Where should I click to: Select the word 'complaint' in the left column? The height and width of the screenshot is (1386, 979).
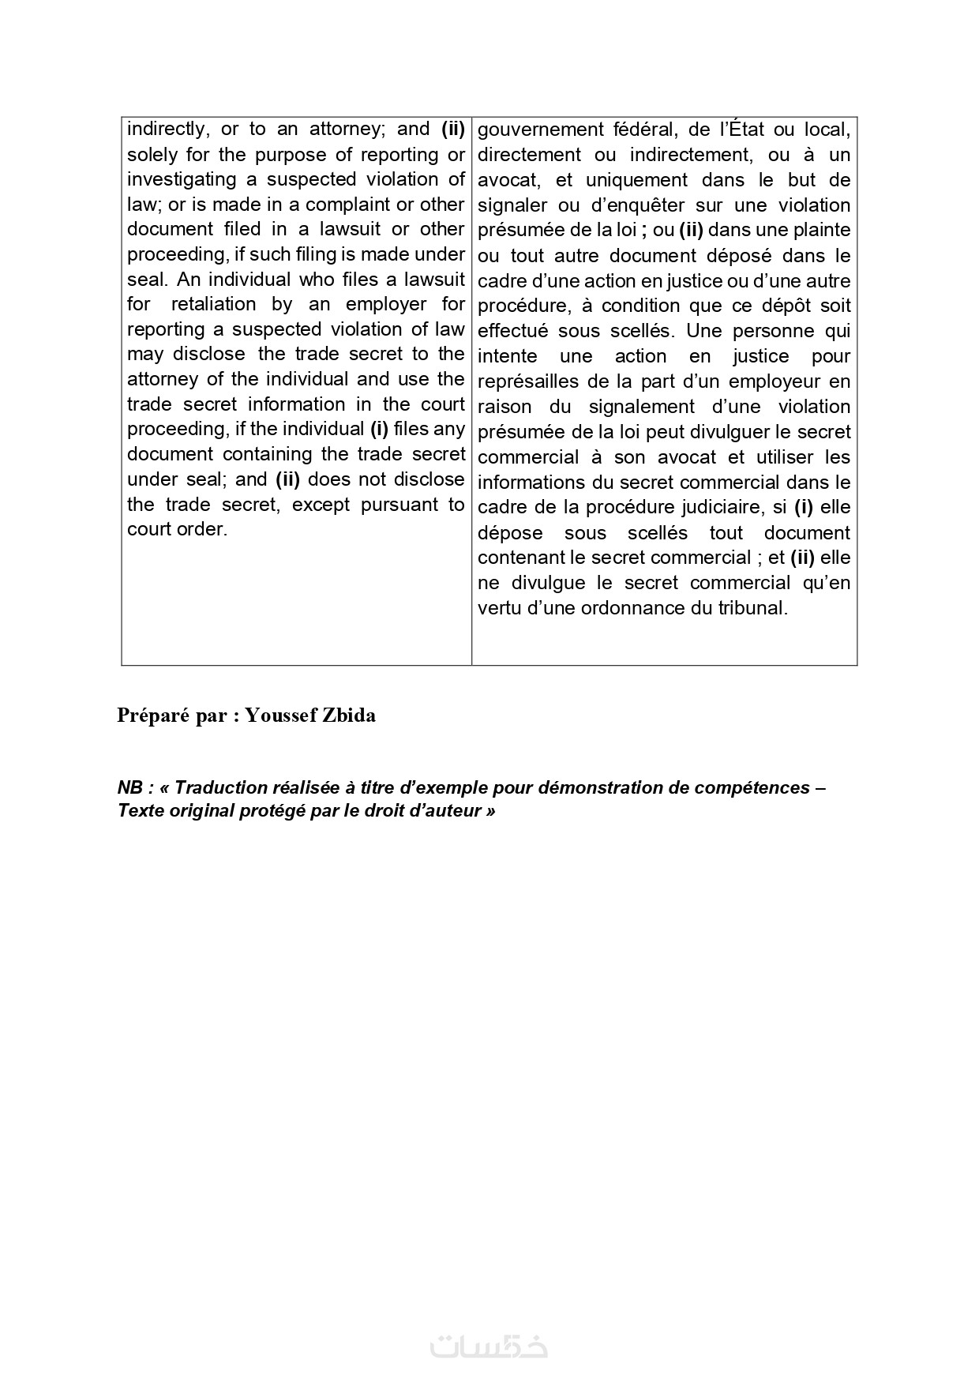(347, 205)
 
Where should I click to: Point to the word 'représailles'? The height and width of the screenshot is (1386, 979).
(527, 381)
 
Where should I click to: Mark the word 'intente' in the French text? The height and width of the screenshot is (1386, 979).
(507, 356)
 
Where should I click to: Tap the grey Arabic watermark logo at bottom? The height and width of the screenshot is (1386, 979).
(489, 1347)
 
